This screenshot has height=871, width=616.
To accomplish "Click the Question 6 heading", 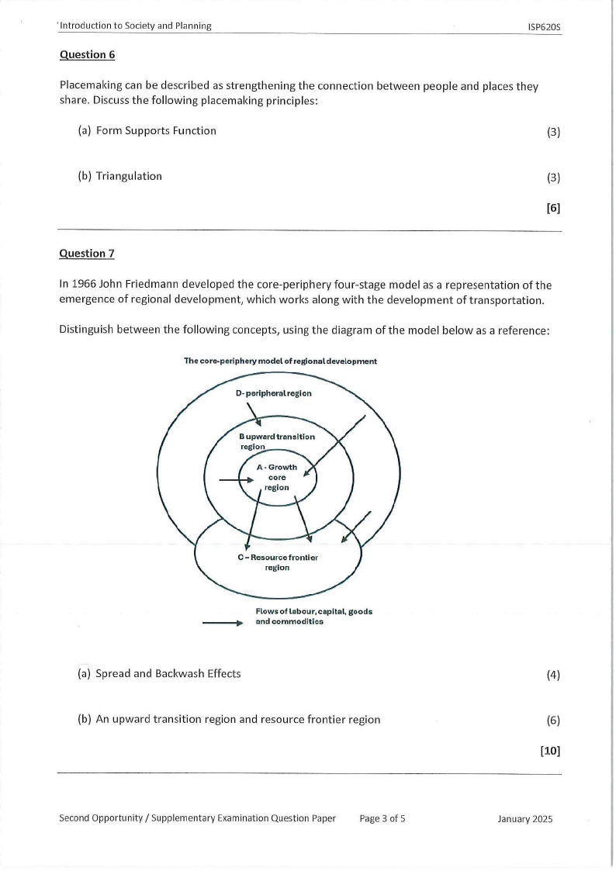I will point(82,54).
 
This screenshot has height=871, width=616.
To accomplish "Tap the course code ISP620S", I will point(544,26).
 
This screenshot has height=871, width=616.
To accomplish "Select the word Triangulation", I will point(129,176).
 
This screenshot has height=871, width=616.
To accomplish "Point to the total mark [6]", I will point(553,208).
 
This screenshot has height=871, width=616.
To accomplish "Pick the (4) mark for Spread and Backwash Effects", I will point(553,675).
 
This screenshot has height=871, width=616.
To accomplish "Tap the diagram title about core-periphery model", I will point(280,361).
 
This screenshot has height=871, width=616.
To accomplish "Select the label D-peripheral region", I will point(273,393).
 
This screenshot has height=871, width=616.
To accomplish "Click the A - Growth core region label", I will point(277,477).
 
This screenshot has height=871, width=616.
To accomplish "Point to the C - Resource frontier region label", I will point(277,562).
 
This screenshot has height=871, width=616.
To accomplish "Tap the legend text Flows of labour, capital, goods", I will point(313,611).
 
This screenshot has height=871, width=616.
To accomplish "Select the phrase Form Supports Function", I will point(156,130).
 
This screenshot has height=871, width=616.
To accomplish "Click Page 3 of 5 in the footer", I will point(382,817).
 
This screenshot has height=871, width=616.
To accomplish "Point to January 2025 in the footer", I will point(526,818).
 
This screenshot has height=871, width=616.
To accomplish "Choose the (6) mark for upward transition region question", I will point(553,720).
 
